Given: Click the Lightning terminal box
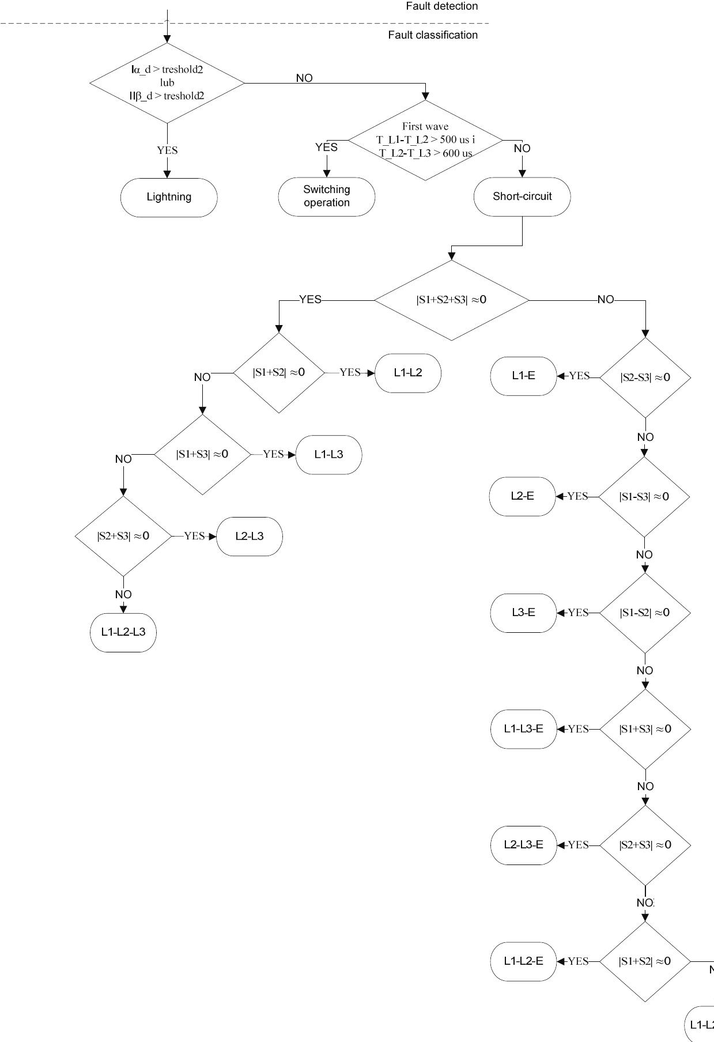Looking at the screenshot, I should pos(169,197).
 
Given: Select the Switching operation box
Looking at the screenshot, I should pos(327,197).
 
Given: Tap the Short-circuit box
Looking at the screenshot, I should pos(522,197).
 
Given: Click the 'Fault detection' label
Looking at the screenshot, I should pos(441,6).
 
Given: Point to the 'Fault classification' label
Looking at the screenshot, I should pos(433,35).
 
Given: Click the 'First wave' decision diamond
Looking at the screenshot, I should pos(425,140).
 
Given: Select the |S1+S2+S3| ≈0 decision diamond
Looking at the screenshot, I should pos(451,300).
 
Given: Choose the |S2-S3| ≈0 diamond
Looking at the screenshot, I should pos(645,377).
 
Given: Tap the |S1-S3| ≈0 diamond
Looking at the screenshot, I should pos(644,497).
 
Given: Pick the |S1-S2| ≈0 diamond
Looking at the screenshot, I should pos(645,613).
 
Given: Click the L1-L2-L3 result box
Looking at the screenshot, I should pos(123,632).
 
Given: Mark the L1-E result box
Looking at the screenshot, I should pos(523,376).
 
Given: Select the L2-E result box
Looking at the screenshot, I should pos(522,496).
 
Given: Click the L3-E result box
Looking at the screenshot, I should pos(523,613).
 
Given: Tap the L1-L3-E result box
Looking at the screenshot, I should pos(523,729).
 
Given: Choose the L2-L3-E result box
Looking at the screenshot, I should pos(523,845).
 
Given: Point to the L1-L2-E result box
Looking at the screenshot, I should pos(523,961).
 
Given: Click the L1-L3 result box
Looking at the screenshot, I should pos(328,455).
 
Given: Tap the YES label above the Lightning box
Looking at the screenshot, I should pos(167,150).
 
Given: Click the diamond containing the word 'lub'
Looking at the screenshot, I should pos(167,83).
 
